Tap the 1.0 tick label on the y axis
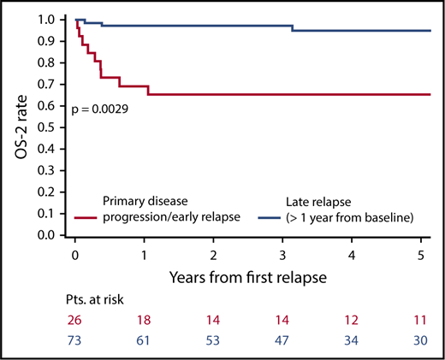50,19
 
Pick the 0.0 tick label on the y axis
50,234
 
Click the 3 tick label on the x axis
282,255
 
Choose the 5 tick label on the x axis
421,255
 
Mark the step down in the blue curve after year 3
293,28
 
